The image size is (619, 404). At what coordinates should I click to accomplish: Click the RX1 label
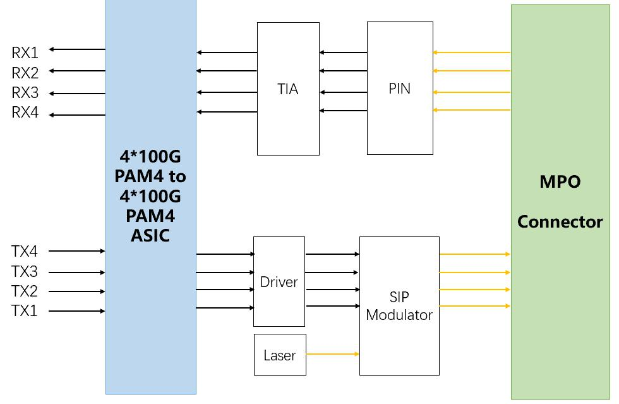click(25, 52)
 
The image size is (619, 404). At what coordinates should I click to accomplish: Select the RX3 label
click(25, 93)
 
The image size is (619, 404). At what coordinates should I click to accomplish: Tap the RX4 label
click(25, 113)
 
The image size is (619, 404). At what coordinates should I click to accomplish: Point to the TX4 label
click(24, 252)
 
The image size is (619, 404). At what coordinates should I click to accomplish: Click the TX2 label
click(24, 291)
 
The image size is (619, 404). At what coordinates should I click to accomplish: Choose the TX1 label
click(24, 311)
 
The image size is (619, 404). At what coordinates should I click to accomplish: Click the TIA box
click(287, 89)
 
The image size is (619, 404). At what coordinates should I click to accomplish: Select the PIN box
click(399, 89)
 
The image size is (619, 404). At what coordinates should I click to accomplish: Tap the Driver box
click(279, 282)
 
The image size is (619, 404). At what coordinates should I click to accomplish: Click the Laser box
click(279, 355)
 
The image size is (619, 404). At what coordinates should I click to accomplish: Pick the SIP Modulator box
click(399, 306)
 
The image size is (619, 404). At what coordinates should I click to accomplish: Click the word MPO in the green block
click(560, 182)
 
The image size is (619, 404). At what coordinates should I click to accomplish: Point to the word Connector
click(560, 222)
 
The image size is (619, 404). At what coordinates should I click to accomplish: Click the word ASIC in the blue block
click(150, 235)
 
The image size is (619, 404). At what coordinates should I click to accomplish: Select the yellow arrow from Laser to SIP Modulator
click(332, 354)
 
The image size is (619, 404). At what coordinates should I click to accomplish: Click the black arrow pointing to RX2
click(77, 71)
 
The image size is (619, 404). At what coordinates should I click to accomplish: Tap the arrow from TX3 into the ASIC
click(77, 272)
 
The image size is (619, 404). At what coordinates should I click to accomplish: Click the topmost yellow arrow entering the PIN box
click(471, 52)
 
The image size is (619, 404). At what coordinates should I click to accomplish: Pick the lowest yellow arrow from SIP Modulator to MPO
click(474, 307)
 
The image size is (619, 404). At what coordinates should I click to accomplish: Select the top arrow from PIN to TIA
click(343, 52)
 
